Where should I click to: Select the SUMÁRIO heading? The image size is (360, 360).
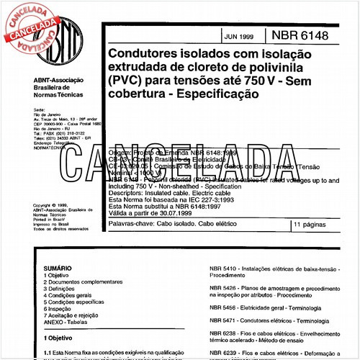point(58,267)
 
